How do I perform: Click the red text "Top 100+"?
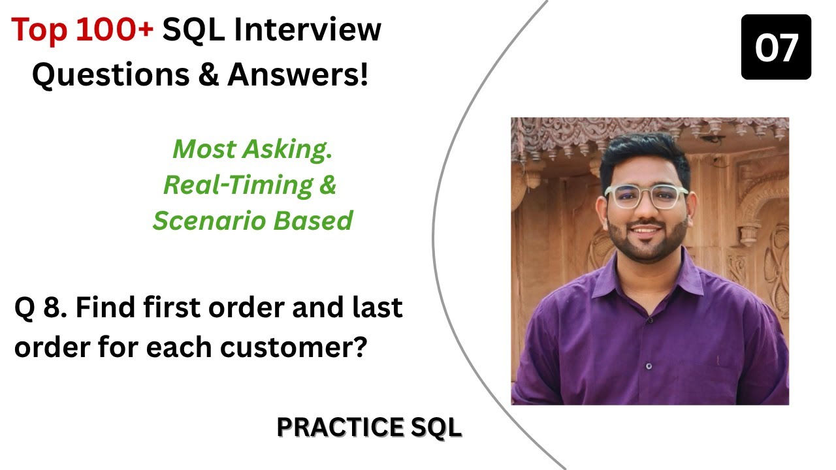click(82, 31)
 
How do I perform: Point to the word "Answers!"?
click(298, 76)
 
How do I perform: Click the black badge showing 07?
click(776, 48)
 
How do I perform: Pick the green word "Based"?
click(316, 221)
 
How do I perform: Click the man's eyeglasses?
click(646, 196)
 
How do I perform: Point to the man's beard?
click(647, 245)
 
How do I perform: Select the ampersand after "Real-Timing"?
click(328, 185)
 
